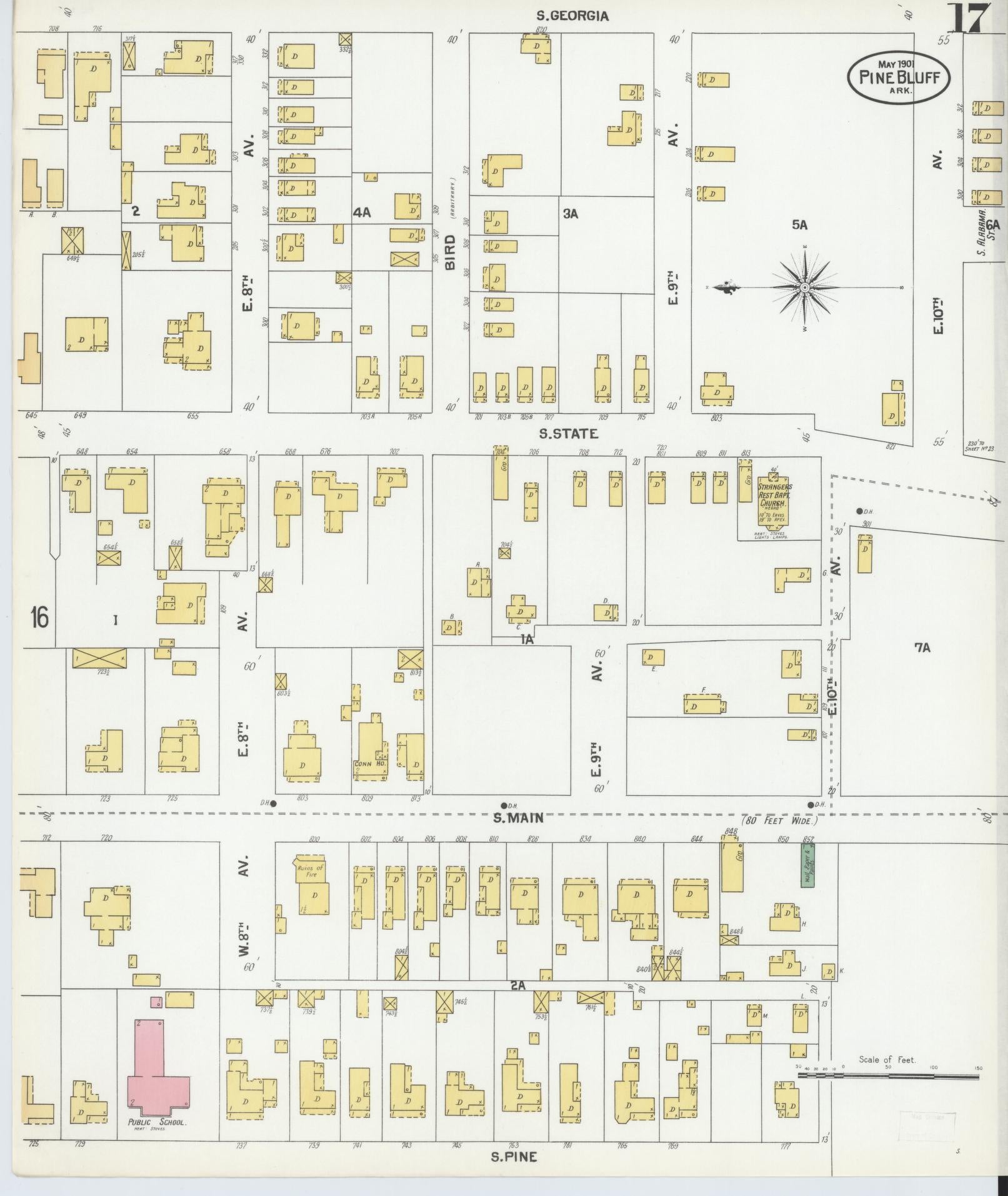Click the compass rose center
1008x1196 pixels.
coord(805,288)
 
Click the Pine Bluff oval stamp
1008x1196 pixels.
coord(898,77)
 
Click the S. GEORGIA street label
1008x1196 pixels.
coord(572,16)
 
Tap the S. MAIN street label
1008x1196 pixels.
coord(518,817)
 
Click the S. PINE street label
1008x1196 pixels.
coord(514,1157)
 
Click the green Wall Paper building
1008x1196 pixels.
coord(807,865)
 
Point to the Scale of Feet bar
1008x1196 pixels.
coord(887,1076)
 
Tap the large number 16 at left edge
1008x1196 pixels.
coord(39,618)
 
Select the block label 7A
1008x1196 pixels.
coord(922,648)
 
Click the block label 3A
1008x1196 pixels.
coord(570,214)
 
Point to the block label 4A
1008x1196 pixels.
coord(362,213)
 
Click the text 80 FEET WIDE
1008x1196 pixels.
coord(779,820)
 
